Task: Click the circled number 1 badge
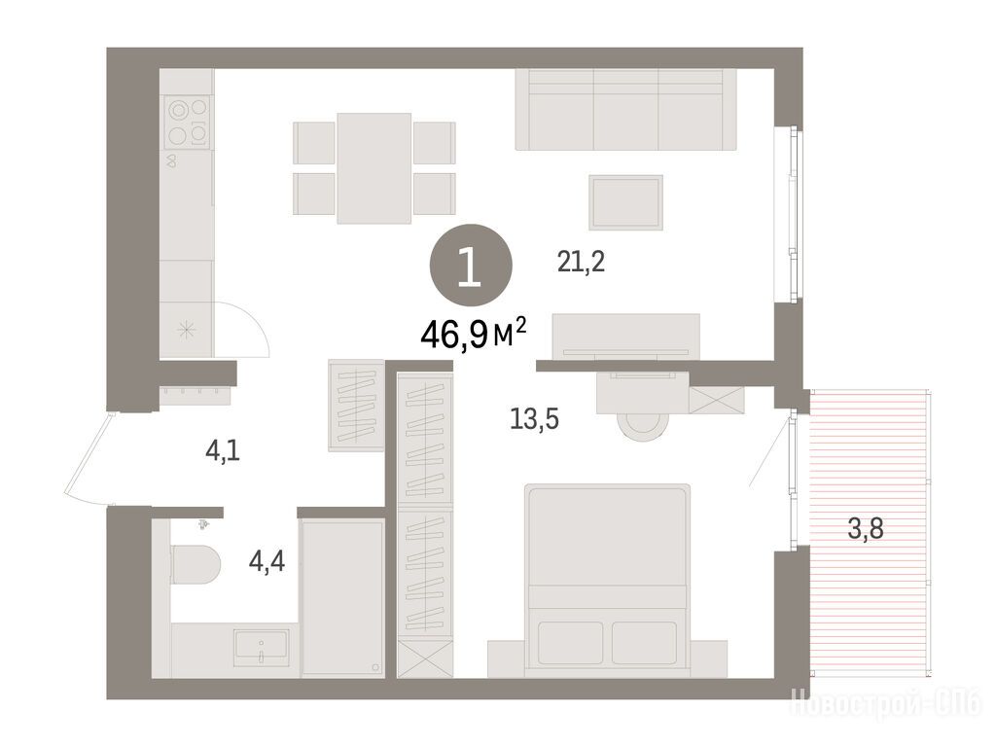(x=471, y=268)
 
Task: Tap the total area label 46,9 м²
(x=474, y=335)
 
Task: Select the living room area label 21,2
(x=581, y=261)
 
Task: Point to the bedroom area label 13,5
(x=534, y=419)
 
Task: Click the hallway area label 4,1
(x=223, y=451)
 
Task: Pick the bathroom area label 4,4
(x=267, y=561)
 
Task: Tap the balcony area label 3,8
(x=866, y=528)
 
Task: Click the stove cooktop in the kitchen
(x=188, y=122)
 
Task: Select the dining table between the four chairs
(x=374, y=168)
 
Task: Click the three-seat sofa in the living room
(x=625, y=109)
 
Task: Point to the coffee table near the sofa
(x=625, y=202)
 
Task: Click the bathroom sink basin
(x=261, y=647)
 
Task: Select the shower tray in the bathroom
(x=342, y=598)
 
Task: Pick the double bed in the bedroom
(x=607, y=580)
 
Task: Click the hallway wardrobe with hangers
(x=356, y=406)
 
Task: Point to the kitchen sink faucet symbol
(x=171, y=160)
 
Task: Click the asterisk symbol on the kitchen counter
(x=187, y=331)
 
